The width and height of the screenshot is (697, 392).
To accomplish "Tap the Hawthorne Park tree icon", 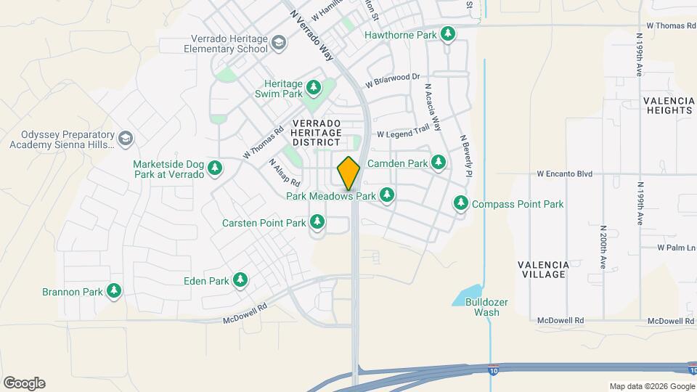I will click(449, 34).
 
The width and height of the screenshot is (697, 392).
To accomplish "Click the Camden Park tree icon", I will click(439, 163).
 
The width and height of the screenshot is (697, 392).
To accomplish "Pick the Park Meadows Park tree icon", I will click(387, 195).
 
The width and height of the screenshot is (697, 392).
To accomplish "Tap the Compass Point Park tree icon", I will click(461, 204).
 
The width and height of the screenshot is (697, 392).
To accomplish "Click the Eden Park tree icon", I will click(240, 280).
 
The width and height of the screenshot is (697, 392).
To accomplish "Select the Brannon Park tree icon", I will click(113, 292).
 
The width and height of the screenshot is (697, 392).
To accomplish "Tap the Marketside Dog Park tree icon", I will click(215, 169).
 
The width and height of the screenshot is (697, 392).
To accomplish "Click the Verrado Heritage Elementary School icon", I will click(278, 44).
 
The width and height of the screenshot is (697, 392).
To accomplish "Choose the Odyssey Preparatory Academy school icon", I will click(126, 138).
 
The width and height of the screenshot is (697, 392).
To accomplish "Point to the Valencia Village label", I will click(542, 269).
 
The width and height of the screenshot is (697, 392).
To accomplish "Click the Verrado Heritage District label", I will click(316, 133).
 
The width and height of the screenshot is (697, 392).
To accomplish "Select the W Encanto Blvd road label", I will click(565, 174).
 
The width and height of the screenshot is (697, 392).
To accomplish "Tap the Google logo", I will click(24, 383).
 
